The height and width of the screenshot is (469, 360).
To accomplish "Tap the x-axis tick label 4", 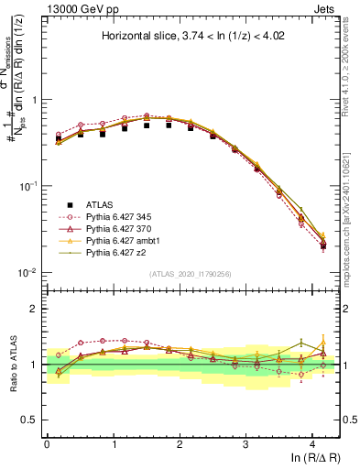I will [313, 444].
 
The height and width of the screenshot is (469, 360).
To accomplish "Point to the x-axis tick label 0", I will [47, 444].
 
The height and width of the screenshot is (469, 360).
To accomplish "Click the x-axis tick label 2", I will [180, 444].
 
